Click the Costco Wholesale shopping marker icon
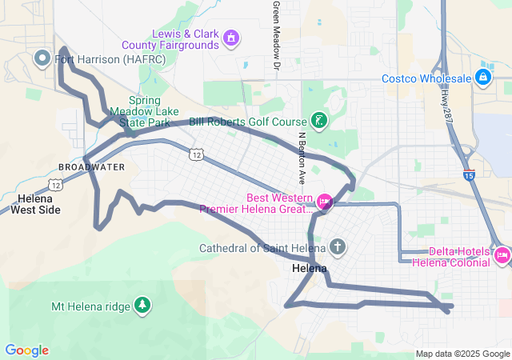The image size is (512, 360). (x=482, y=78)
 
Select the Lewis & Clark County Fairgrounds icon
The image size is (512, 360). (x=231, y=37)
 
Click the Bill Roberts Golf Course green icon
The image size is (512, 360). (x=319, y=121)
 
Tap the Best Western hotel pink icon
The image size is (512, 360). (x=325, y=202)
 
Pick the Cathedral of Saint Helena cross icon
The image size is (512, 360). (x=338, y=246)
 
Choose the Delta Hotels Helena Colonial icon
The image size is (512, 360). (x=502, y=256)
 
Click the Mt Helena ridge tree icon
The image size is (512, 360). (x=142, y=305)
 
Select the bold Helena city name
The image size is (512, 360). (x=310, y=268)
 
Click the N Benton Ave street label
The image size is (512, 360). (x=302, y=156)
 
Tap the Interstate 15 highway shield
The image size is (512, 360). (x=468, y=174)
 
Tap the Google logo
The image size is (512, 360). (x=26, y=350)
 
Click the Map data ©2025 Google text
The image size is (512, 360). (x=462, y=354)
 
